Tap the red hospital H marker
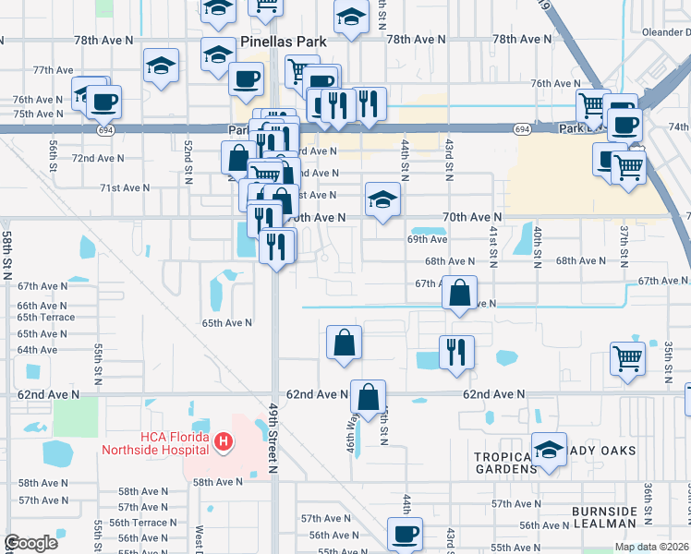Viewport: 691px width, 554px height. [223, 444]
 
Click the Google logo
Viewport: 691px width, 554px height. [30, 543]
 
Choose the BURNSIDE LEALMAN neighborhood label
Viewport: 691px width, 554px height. [604, 517]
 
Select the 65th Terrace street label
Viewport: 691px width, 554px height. [45, 317]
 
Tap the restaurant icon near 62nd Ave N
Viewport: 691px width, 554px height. [456, 352]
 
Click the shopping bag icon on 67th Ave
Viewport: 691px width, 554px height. [459, 292]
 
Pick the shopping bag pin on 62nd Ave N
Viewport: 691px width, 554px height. [368, 396]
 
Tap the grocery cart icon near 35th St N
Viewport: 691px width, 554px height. [627, 357]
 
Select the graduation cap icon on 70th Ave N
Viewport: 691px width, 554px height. [382, 199]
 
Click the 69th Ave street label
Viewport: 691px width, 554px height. [428, 238]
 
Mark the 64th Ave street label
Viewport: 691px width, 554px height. [37, 350]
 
